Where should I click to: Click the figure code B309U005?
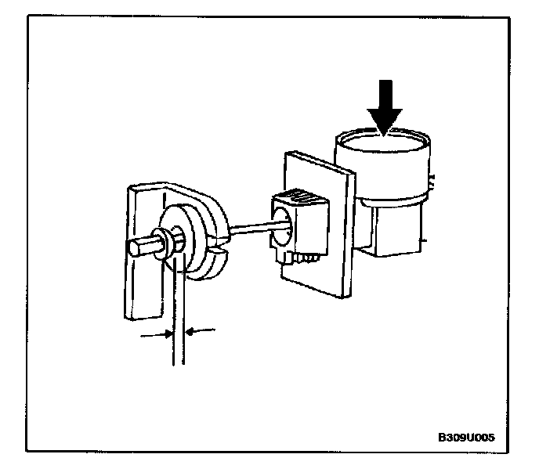click(x=466, y=437)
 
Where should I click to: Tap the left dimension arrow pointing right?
click(x=157, y=334)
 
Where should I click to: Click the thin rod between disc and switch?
click(x=251, y=226)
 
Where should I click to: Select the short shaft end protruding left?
click(x=138, y=247)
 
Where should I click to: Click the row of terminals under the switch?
click(x=305, y=257)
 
